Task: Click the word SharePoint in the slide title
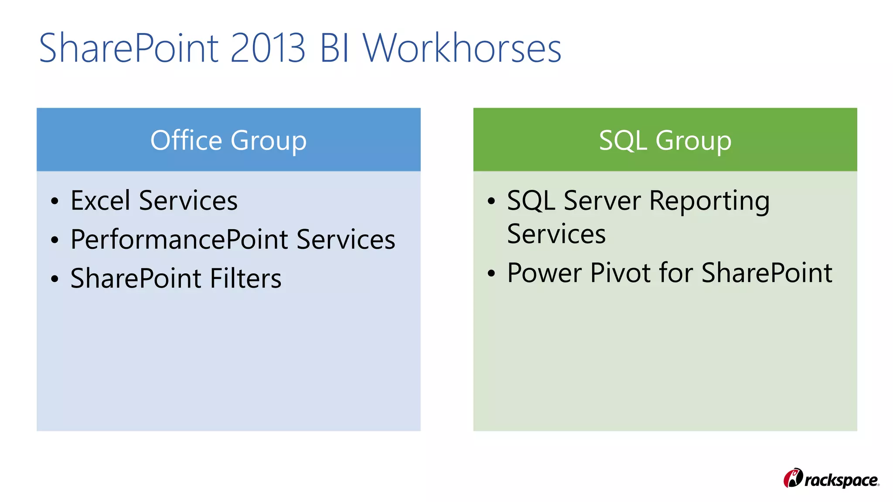click(x=129, y=48)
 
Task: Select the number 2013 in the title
click(x=268, y=48)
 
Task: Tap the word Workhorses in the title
click(x=462, y=48)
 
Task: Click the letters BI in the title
click(x=334, y=48)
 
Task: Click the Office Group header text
click(x=228, y=140)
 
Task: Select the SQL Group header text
click(x=665, y=140)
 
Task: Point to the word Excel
click(x=100, y=200)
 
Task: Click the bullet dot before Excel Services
click(x=55, y=202)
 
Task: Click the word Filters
click(x=245, y=278)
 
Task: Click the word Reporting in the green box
click(x=709, y=201)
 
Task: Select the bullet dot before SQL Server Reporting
click(x=491, y=202)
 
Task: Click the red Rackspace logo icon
click(x=793, y=478)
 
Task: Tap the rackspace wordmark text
click(x=841, y=480)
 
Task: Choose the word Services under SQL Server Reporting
click(x=556, y=234)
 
